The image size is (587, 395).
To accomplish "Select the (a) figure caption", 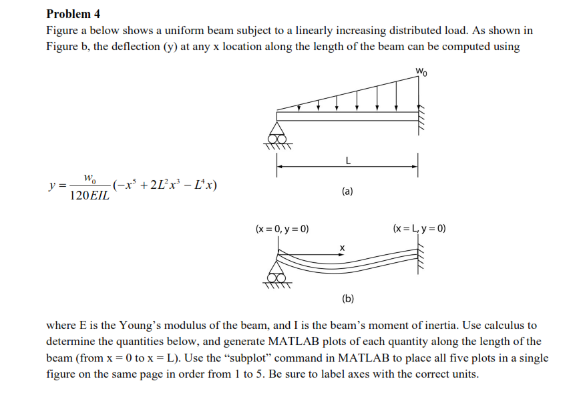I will point(347,191).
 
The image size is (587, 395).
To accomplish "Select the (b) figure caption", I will point(347,299).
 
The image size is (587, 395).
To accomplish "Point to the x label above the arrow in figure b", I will point(342,248).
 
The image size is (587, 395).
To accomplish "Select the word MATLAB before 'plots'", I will point(295,342).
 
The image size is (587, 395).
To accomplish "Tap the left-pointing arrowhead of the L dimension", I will point(280,167).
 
